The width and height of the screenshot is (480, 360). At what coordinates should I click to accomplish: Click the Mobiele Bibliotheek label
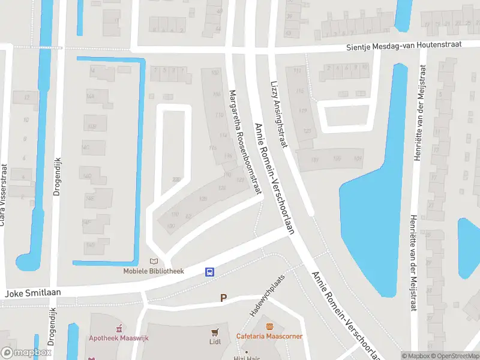pyautogui.click(x=154, y=271)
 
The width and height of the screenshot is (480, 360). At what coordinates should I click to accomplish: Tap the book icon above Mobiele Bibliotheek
pyautogui.click(x=154, y=262)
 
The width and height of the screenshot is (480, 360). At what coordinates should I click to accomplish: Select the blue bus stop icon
pyautogui.click(x=210, y=272)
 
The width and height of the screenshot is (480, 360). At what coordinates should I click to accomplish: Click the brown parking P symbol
pyautogui.click(x=224, y=298)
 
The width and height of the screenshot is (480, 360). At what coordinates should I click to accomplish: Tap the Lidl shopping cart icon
pyautogui.click(x=215, y=332)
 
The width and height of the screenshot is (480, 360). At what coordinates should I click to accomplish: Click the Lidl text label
pyautogui.click(x=215, y=342)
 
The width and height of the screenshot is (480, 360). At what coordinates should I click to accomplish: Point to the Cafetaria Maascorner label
pyautogui.click(x=269, y=336)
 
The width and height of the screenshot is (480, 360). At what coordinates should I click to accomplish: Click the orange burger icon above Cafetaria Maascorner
pyautogui.click(x=270, y=326)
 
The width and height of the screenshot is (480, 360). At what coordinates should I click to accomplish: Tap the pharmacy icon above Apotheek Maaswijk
pyautogui.click(x=119, y=328)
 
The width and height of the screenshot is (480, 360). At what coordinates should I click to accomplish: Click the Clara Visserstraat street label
pyautogui.click(x=4, y=195)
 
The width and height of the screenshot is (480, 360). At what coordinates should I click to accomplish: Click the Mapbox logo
pyautogui.click(x=26, y=353)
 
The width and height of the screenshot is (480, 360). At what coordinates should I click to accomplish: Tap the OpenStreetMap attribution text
pyautogui.click(x=455, y=356)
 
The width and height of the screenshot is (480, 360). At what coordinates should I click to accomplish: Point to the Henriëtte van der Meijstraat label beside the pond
pyautogui.click(x=419, y=125)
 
